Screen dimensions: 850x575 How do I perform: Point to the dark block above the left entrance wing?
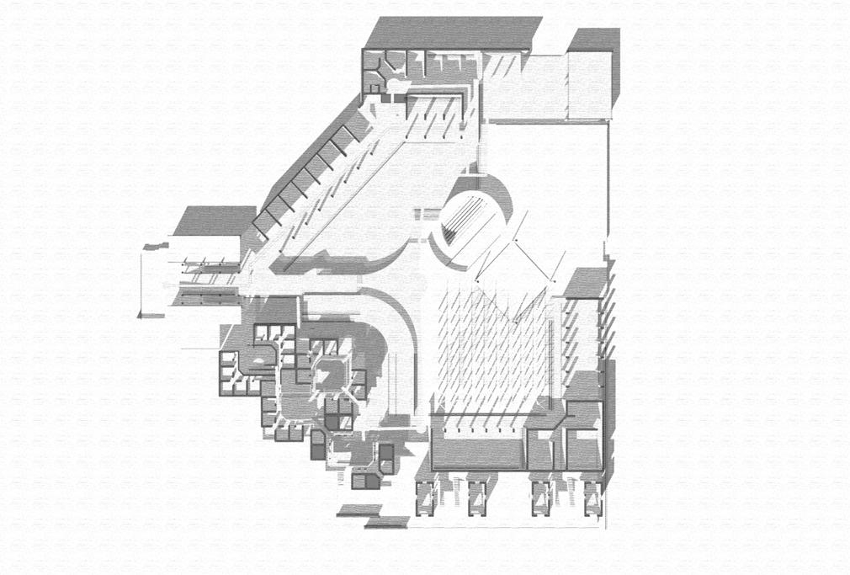click(214, 220)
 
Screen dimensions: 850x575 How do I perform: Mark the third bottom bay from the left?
click(541, 497)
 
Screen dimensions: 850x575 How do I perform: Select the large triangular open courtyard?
click(379, 202)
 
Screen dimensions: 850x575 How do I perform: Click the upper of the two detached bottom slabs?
click(359, 509)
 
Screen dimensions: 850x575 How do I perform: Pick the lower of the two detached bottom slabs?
click(386, 523)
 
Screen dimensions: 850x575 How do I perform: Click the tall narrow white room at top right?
click(588, 84)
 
